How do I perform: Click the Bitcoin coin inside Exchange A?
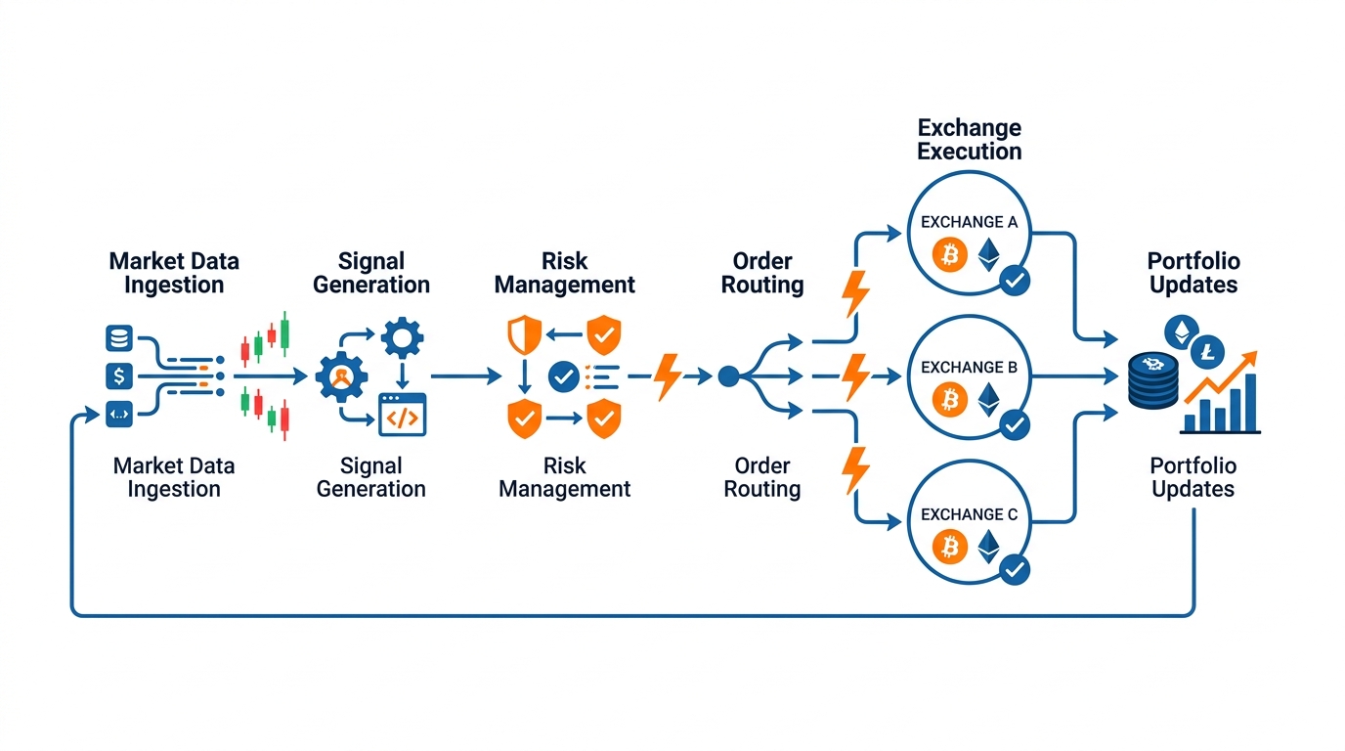[949, 255]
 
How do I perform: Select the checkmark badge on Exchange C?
[1015, 569]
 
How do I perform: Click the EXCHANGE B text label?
[969, 367]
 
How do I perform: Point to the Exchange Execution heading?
[969, 140]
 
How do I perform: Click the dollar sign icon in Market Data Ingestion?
[119, 376]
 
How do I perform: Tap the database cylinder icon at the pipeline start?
[119, 338]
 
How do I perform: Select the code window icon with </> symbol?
[403, 415]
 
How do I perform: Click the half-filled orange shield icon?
[524, 334]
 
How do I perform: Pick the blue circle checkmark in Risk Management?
[563, 376]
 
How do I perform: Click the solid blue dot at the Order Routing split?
[729, 376]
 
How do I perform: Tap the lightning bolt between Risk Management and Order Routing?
[667, 376]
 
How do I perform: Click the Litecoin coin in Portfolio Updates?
[1207, 352]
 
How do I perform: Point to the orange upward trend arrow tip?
[1256, 353]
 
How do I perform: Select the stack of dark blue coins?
[1152, 381]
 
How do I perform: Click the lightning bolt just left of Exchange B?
[855, 376]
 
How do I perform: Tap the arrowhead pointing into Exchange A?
[894, 233]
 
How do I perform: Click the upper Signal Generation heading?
[371, 273]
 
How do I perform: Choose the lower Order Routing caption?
[762, 477]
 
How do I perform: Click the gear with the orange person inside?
[342, 376]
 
